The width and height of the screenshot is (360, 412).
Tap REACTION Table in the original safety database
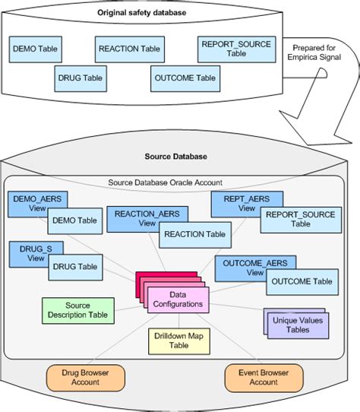click(129, 49)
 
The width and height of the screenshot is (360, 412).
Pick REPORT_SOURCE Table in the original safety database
click(235, 49)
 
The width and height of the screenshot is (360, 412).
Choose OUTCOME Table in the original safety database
click(184, 77)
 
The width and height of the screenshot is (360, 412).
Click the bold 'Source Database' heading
click(175, 157)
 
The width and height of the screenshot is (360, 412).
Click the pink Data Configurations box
click(175, 299)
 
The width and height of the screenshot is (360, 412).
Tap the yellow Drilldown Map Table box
click(179, 340)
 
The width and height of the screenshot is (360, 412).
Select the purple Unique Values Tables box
click(298, 323)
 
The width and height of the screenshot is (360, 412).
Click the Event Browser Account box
click(264, 378)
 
